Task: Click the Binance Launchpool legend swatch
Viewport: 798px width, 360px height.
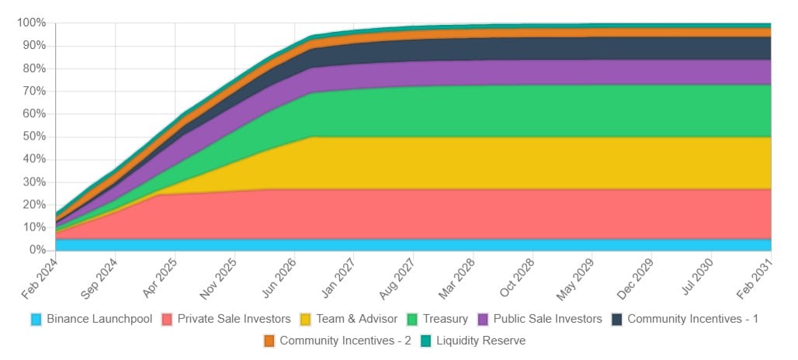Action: click(x=36, y=319)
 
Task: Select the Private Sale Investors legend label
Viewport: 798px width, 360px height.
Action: click(x=234, y=319)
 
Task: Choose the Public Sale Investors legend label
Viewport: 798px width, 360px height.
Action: click(x=547, y=319)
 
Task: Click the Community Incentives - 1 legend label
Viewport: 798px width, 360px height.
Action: click(x=692, y=319)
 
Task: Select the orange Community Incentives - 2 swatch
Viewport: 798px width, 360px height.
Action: click(x=269, y=341)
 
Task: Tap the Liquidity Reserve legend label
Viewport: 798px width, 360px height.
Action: click(x=481, y=341)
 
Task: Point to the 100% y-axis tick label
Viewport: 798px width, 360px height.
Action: click(x=31, y=22)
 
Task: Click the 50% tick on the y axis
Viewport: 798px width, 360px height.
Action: click(x=34, y=137)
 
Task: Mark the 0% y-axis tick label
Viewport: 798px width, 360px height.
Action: click(x=37, y=250)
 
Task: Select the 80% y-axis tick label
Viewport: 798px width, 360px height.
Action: click(x=34, y=68)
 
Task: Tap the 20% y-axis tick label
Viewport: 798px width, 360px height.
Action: click(x=34, y=205)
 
